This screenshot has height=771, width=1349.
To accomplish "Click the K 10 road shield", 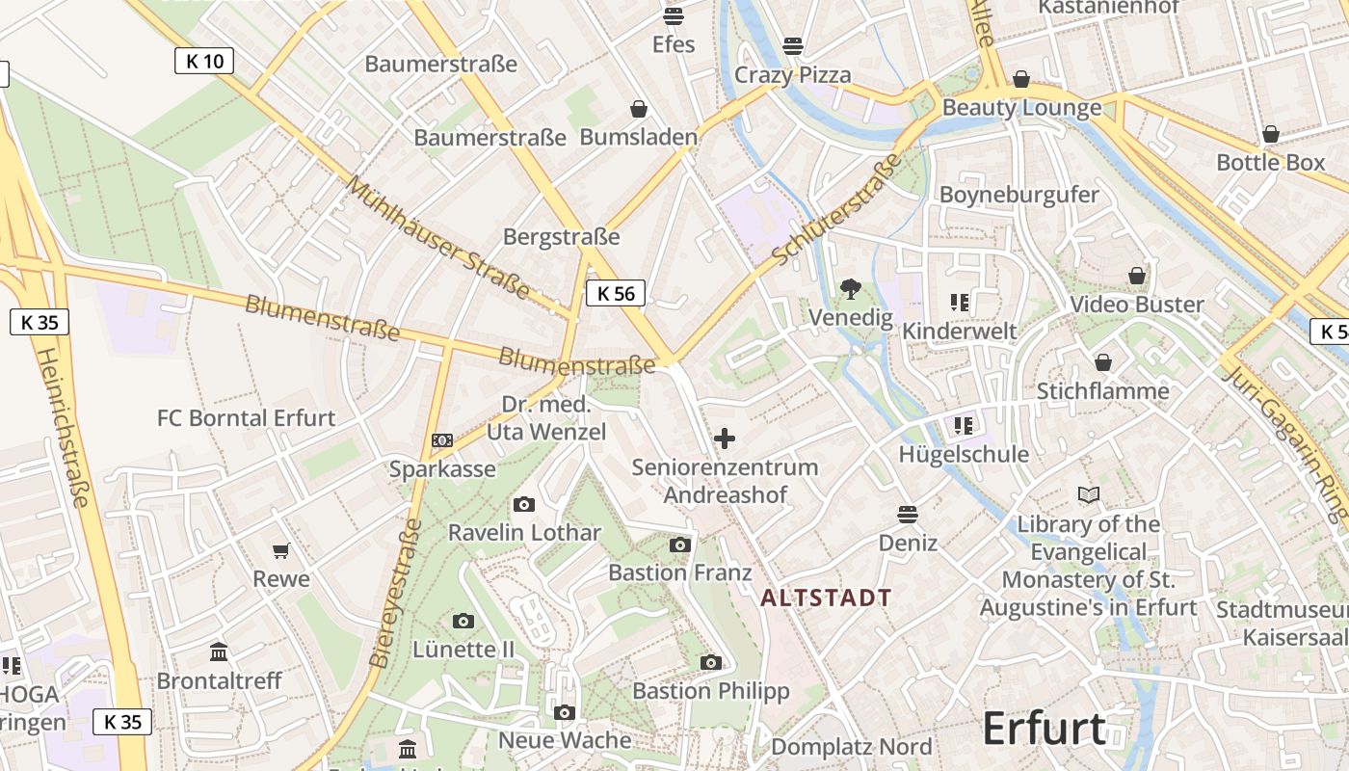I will pos(204,61).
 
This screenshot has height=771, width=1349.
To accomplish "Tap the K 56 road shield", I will pos(616,293).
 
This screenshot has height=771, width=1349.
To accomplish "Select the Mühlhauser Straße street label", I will pos(437,237).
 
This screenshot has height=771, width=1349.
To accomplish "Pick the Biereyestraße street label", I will pos(395,593).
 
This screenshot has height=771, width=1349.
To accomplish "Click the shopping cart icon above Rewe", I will pos(281,550).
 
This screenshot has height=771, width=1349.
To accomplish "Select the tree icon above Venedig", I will pos(850,287).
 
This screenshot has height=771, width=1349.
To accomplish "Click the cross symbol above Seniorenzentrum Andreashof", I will pos(725,439).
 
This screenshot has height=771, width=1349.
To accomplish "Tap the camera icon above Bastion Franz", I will pos(680,545).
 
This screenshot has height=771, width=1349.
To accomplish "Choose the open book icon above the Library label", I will pos(1089,495).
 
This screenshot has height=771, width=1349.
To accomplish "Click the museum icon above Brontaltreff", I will pos(219,652).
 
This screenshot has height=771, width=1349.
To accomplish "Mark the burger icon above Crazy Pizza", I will pos(793,45).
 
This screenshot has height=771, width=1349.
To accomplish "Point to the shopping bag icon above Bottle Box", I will pos(1271,134).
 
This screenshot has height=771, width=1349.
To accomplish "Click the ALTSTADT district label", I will pos(826,598).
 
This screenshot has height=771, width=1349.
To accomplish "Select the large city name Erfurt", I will pos(1044,729).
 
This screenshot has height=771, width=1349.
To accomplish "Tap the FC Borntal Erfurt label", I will pos(246,418).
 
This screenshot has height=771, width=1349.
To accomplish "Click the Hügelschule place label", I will pos(964,454).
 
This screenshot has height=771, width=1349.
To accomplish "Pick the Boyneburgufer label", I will pos(1018,195).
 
